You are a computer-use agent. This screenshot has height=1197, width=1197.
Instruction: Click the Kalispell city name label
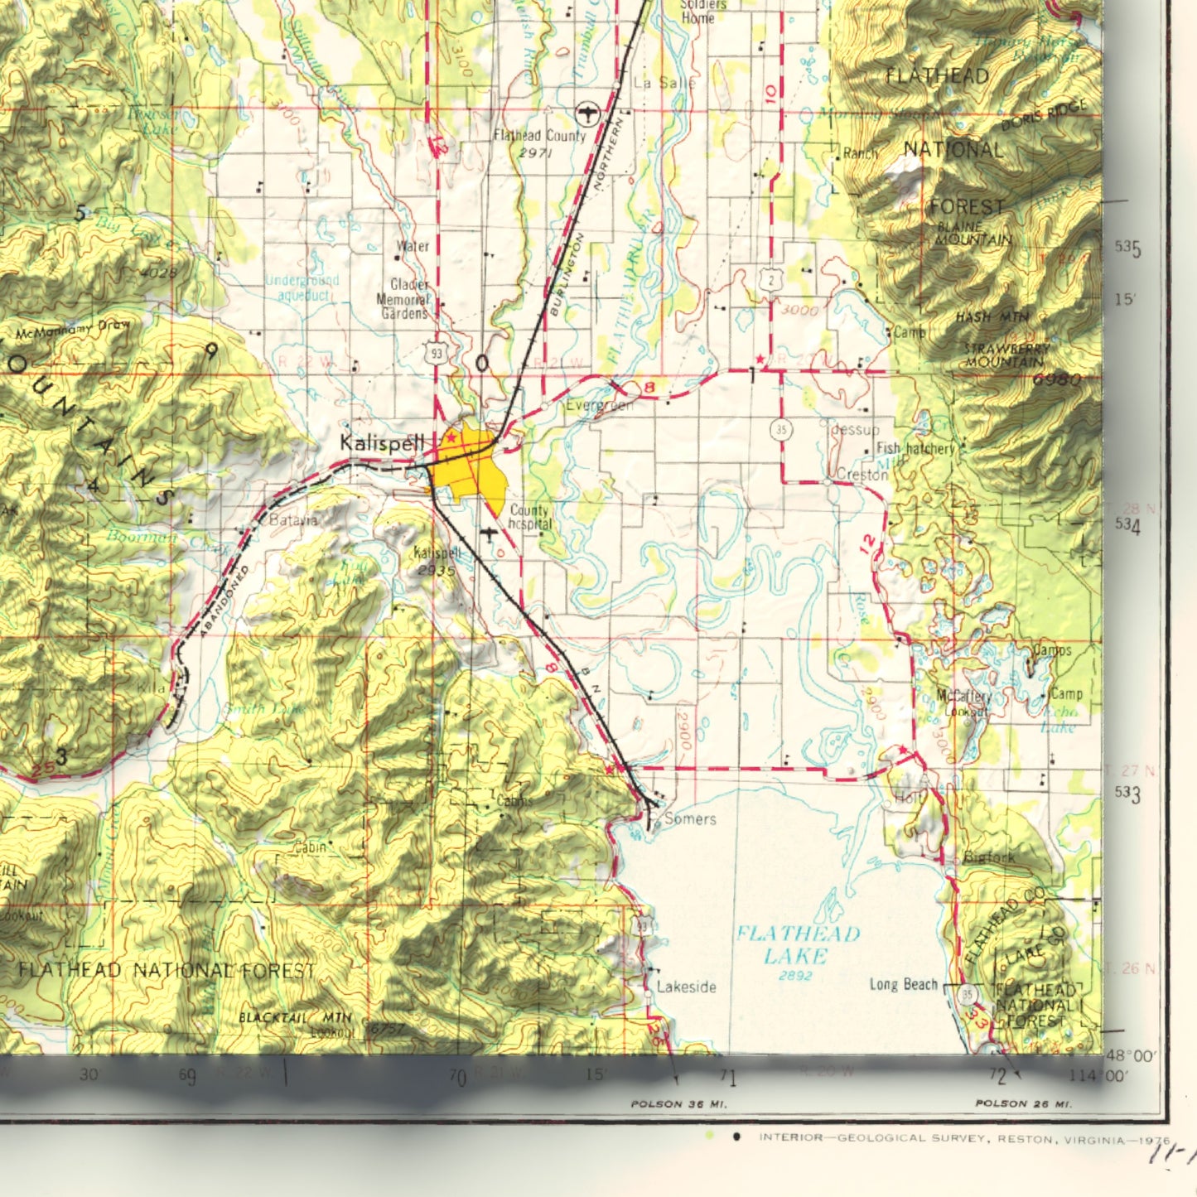pos(382,443)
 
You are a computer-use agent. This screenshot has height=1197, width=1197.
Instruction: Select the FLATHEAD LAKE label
pos(797,945)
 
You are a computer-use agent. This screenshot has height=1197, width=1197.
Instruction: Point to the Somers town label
pos(690,818)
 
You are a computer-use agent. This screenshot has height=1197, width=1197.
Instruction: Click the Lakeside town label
pos(686,987)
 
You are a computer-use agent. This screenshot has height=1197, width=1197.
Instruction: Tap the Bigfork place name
pos(989,857)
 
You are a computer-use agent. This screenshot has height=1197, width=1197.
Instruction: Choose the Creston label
pos(862,475)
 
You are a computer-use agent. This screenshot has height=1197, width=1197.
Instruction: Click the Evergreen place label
pos(600,405)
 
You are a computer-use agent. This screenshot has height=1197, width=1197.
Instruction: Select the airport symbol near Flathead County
pos(586,112)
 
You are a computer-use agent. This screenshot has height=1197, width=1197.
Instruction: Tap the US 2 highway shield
pos(772,281)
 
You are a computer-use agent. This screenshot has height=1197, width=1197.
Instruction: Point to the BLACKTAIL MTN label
pos(295,1017)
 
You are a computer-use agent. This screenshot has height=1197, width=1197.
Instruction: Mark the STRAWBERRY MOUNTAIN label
pos(1006,355)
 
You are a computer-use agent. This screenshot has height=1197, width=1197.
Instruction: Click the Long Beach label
pos(903,984)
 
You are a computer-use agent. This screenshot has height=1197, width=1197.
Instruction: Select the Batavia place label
pos(293,520)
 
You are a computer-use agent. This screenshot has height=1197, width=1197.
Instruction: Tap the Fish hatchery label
pos(915,448)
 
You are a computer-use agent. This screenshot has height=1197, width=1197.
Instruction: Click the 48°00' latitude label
pos(1132,1056)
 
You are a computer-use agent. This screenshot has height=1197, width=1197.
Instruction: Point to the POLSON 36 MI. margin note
pos(678,1103)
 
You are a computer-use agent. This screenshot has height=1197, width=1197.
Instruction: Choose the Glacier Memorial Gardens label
pos(404,299)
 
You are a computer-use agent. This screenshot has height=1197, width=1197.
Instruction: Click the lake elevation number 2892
pos(794,976)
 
